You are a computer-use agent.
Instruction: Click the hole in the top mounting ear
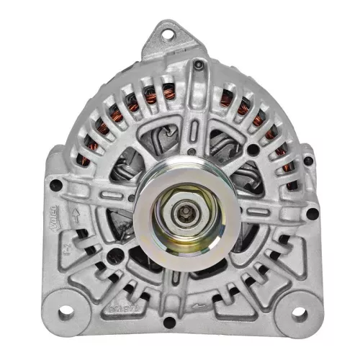click(x=168, y=32)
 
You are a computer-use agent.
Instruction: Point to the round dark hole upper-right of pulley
click(x=253, y=150)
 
